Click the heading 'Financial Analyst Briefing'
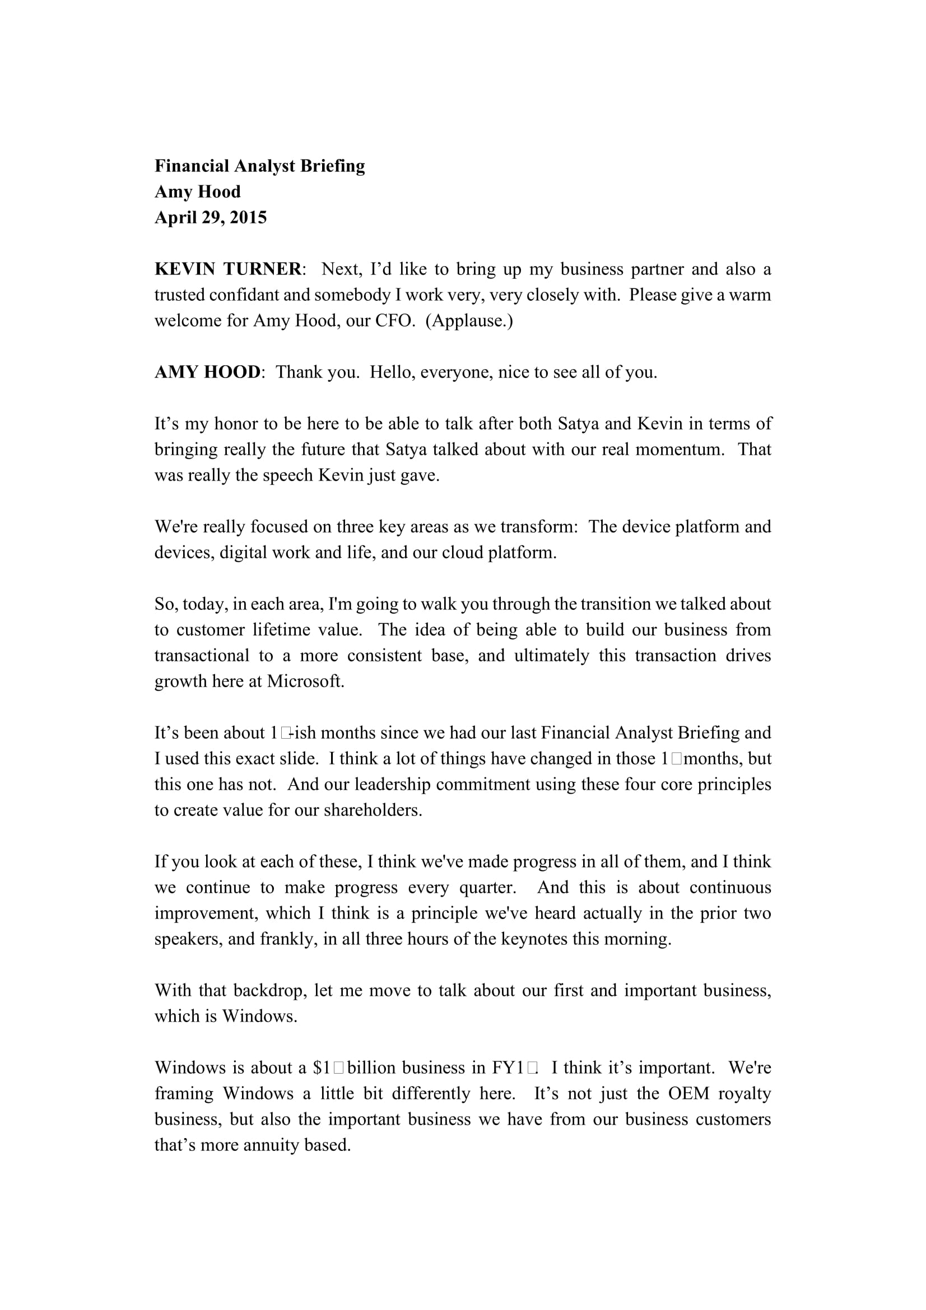click(x=259, y=166)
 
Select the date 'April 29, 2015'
click(x=211, y=217)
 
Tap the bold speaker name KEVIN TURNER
click(x=228, y=269)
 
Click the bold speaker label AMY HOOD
click(x=207, y=372)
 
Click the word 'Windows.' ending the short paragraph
click(x=259, y=1016)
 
